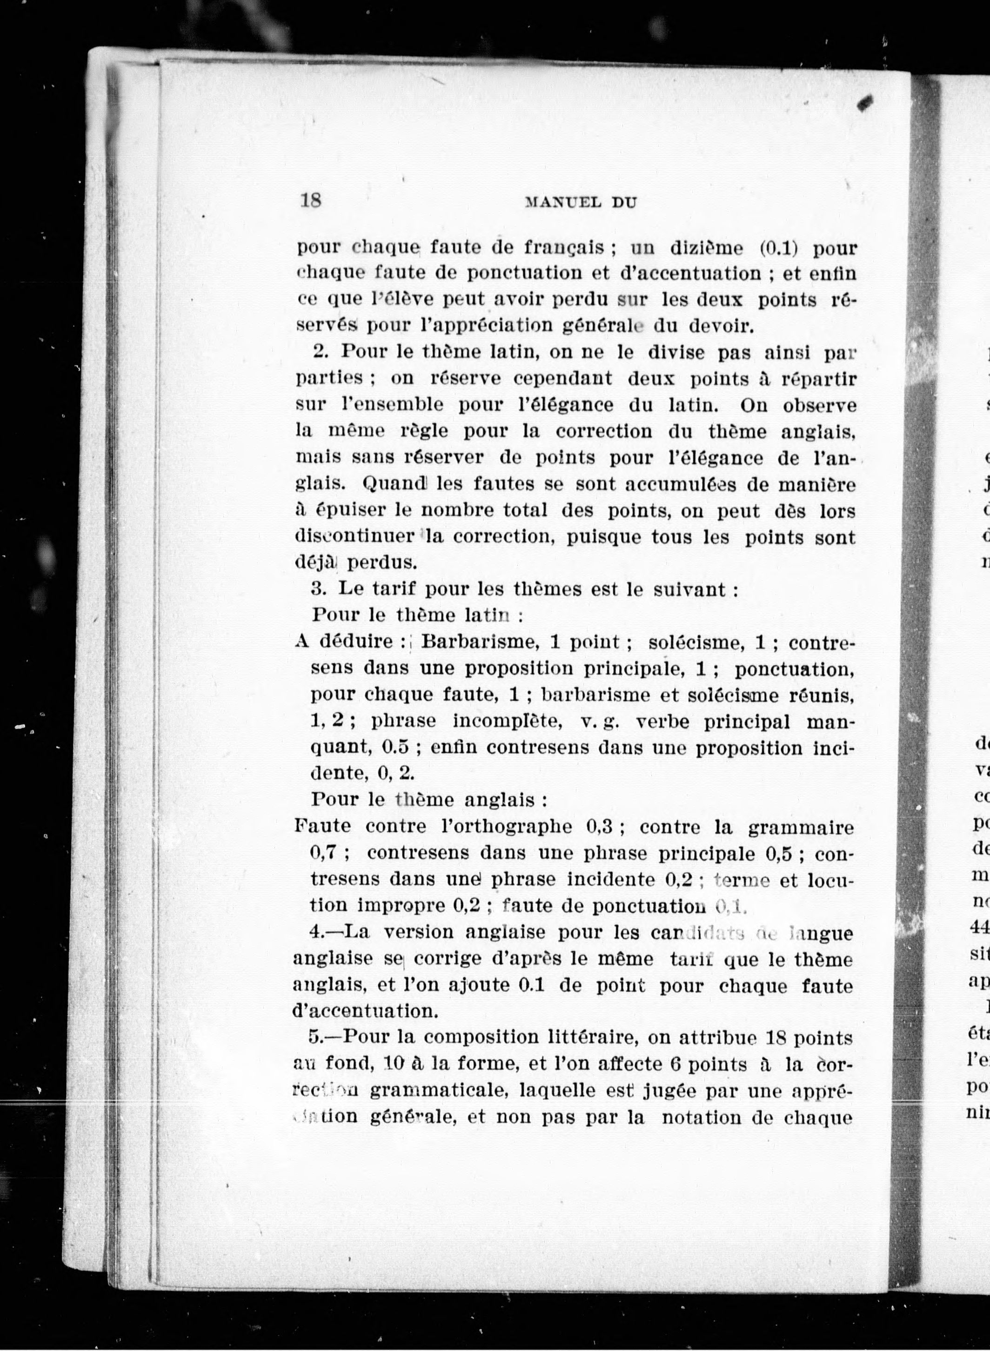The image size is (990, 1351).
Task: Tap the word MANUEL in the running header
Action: coord(563,202)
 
